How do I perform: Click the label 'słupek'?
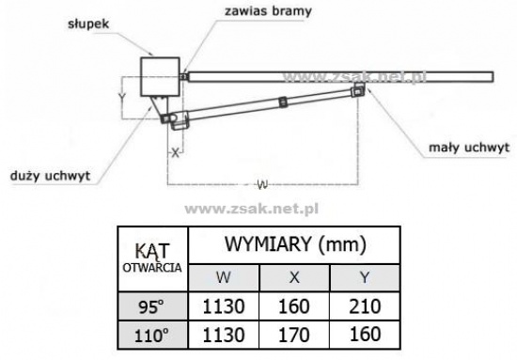coord(88,24)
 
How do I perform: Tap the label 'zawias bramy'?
coord(268,11)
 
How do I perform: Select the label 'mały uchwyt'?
coord(469,148)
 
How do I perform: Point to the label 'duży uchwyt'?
coord(50,176)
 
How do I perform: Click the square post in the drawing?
coord(160,77)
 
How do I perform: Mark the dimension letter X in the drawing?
coord(176,152)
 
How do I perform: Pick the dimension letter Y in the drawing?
coord(122,97)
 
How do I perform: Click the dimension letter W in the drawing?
coord(262,184)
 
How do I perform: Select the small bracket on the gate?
coord(358,89)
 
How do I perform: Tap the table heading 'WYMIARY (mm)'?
coord(295,244)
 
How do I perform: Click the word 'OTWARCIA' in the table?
coord(152,268)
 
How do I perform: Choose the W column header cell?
coord(224,277)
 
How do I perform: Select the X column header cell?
coord(294,277)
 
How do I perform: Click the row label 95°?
coord(151,307)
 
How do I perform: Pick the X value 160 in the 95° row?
coord(294,306)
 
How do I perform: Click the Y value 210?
coord(365,306)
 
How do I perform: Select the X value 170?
coord(294,336)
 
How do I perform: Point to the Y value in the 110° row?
coord(365,334)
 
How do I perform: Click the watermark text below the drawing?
coord(252,209)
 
